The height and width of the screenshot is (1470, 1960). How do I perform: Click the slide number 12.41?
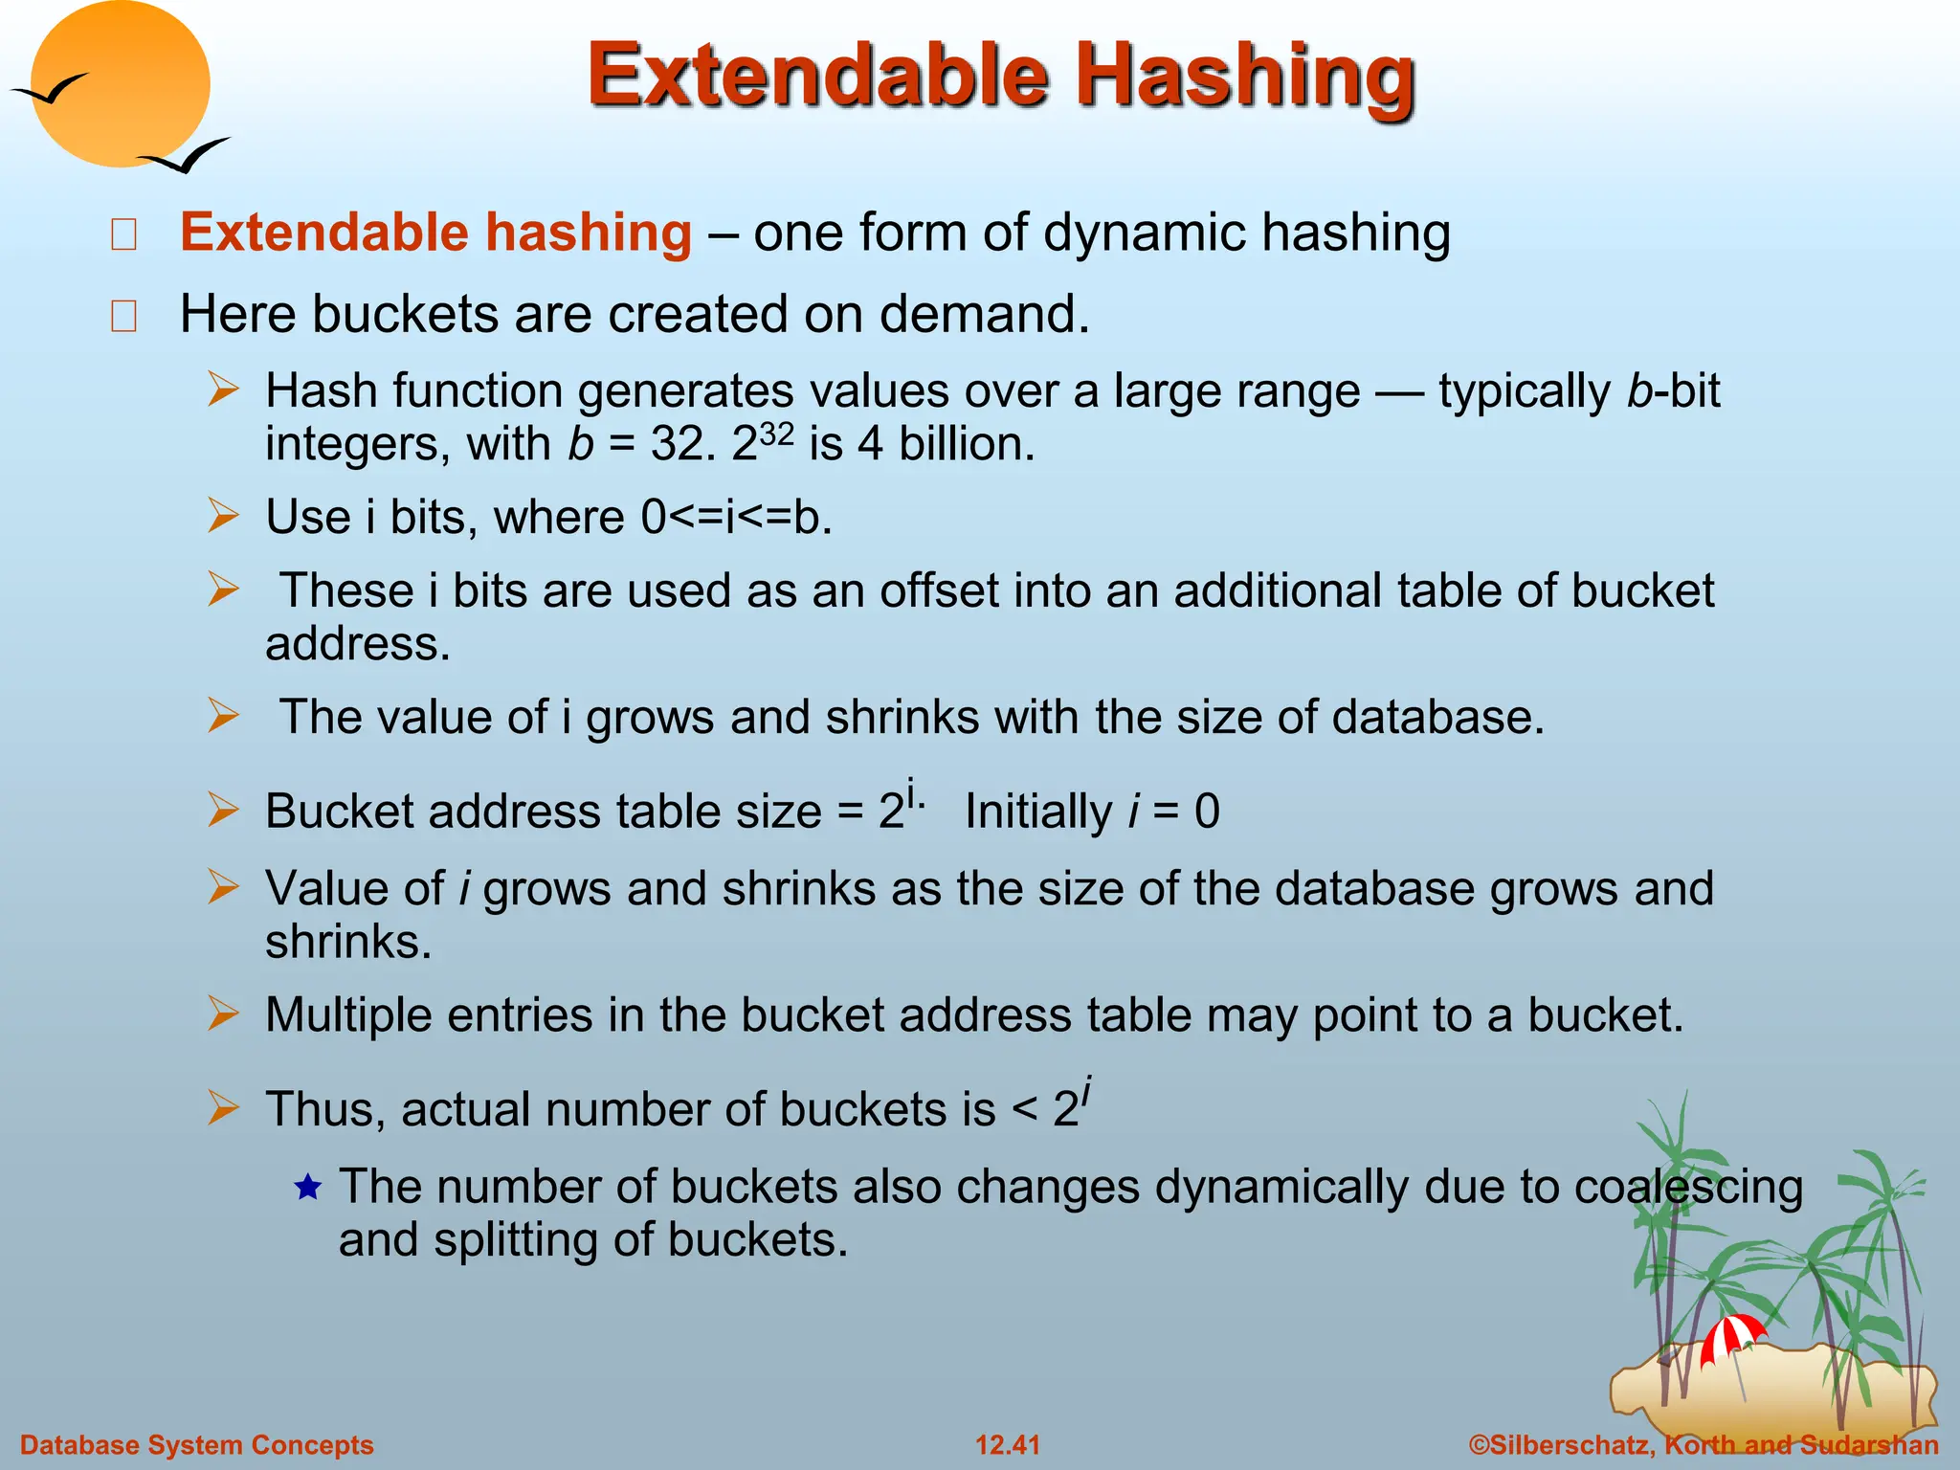tap(1007, 1445)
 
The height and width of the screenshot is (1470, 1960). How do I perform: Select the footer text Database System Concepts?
tap(197, 1445)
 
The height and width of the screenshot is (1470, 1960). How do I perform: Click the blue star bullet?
tap(307, 1189)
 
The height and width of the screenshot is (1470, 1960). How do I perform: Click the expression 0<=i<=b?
tap(736, 518)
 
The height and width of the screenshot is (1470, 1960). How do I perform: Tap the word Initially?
tap(1038, 812)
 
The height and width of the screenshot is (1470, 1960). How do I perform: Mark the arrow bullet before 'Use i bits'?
tap(224, 517)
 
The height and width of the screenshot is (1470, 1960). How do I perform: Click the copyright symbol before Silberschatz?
tap(1480, 1445)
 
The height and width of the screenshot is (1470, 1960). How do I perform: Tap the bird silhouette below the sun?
tap(184, 156)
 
